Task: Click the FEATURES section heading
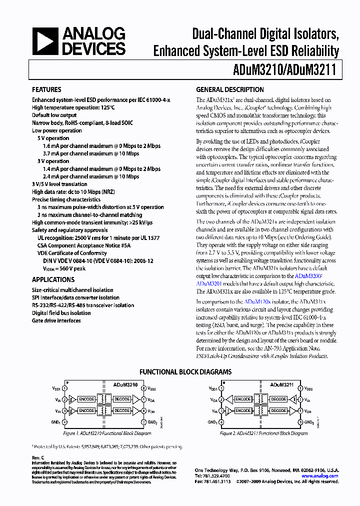point(46,90)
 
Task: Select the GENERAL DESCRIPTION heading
point(229,90)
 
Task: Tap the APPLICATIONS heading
point(53,280)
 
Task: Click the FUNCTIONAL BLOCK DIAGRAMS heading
point(185,372)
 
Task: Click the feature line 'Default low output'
point(54,115)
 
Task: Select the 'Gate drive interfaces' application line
point(56,320)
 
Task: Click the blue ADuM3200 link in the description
point(308,275)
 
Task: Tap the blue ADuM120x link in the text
point(257,302)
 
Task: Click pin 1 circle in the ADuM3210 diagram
point(65,388)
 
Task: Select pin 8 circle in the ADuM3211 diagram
point(299,388)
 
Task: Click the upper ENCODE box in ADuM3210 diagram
point(86,399)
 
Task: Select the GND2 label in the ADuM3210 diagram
point(152,423)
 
